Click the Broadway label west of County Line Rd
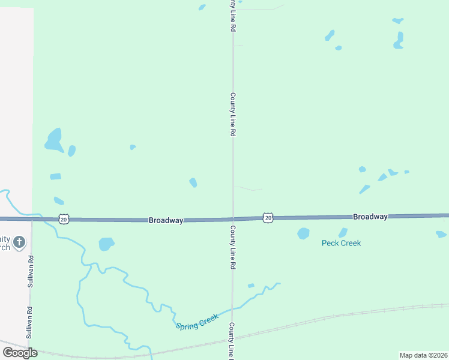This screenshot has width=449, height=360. pos(166,221)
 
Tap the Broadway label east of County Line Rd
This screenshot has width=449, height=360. pos(370,216)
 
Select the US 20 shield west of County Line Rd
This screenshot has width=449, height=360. pos(64,220)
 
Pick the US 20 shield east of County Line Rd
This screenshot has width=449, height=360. pos(268,218)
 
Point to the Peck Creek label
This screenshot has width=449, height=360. pos(341,243)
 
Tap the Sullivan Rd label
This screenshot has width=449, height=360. pos(30,271)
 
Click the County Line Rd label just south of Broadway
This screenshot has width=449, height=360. pos(232,247)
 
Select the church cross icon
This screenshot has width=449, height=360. pos(19,242)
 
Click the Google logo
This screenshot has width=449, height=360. pos(20,353)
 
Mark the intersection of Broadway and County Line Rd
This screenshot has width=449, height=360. pos(233,219)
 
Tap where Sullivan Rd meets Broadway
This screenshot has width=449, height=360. pos(31,220)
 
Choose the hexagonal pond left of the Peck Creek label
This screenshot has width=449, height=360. pos(303,233)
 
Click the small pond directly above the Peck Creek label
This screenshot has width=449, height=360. pos(343,232)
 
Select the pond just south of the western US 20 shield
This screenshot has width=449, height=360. pos(106,244)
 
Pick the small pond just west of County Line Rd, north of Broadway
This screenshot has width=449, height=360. pos(193,182)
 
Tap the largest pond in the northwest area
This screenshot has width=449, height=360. pos(54,140)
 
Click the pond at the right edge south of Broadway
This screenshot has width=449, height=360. pos(441,234)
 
